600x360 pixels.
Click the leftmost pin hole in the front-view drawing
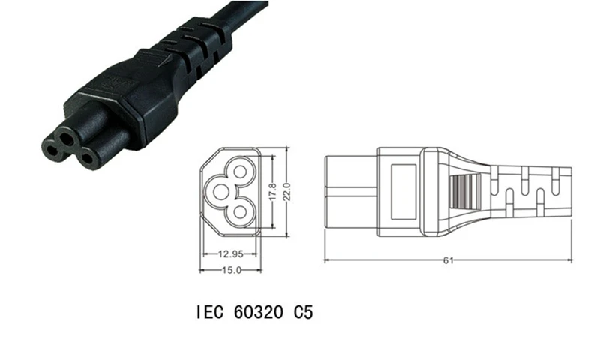click(x=220, y=192)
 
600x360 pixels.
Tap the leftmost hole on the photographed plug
click(x=52, y=149)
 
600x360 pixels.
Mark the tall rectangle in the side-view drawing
click(x=403, y=192)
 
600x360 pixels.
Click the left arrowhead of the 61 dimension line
click(x=327, y=260)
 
